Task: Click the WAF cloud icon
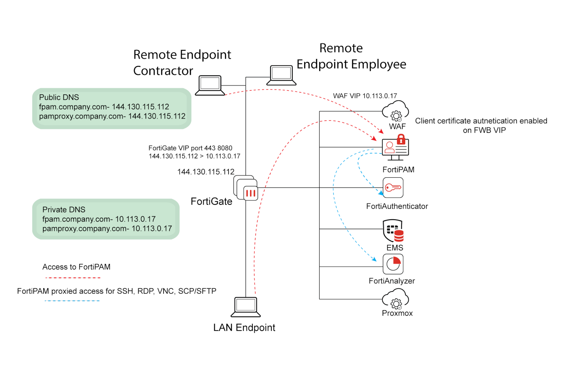[395, 111]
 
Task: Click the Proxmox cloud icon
[395, 299]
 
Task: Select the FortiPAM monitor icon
[395, 149]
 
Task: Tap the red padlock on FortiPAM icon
[401, 140]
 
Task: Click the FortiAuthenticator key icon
[393, 188]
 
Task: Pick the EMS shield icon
[393, 230]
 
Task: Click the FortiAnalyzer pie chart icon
[393, 264]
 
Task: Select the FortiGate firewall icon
[246, 188]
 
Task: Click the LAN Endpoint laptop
[246, 307]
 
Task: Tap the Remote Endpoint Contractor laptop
[210, 85]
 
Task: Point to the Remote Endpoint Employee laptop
[281, 75]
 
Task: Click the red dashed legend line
[73, 278]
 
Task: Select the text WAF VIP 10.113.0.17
[365, 96]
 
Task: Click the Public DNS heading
[59, 97]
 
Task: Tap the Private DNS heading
[64, 209]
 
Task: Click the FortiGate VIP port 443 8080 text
[190, 148]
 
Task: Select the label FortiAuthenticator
[397, 206]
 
